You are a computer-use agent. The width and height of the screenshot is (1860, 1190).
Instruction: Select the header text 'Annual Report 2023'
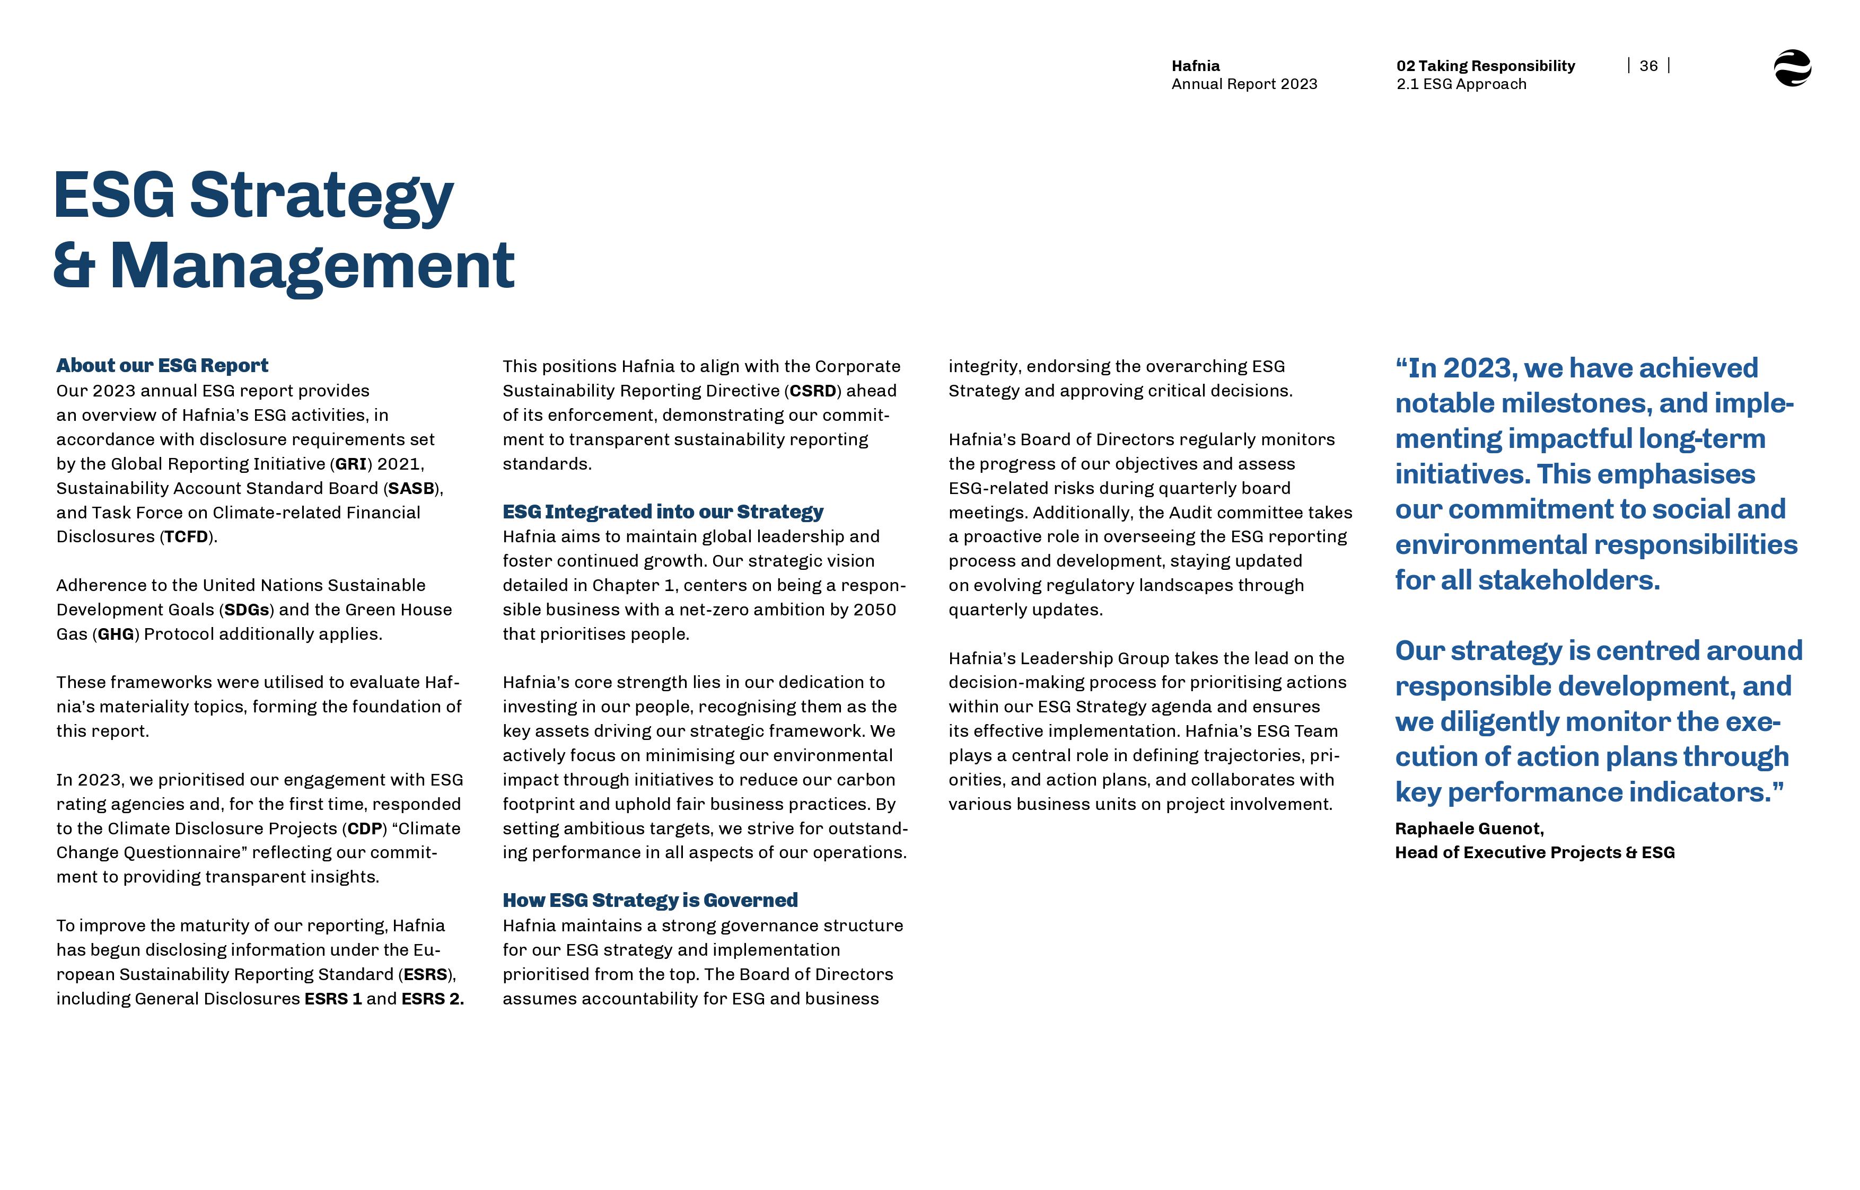pos(1243,84)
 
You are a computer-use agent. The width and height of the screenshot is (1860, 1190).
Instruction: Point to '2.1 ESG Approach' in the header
pos(1461,84)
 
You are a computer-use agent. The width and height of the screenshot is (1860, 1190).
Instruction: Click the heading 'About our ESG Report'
pos(162,366)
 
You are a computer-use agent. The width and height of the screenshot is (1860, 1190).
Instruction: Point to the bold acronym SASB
pos(411,488)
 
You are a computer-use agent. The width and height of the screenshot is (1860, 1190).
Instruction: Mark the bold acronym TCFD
pos(186,537)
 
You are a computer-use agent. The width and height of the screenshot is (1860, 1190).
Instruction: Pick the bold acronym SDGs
pos(247,610)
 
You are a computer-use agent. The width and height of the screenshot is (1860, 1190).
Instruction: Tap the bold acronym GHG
pos(116,634)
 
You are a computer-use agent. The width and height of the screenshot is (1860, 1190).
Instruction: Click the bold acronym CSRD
pos(812,391)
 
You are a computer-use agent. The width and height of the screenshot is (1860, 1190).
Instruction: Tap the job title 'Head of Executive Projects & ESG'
pos(1534,852)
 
